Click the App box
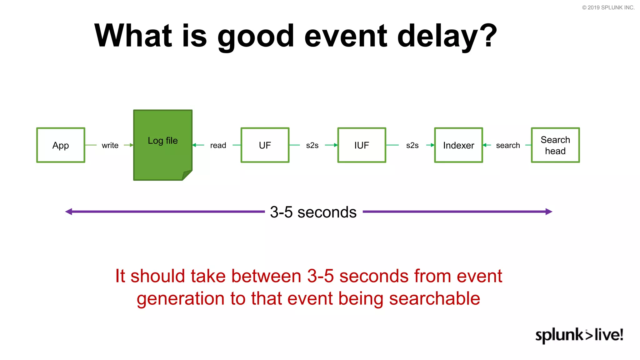click(x=61, y=145)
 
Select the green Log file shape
click(x=162, y=145)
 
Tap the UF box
click(x=265, y=145)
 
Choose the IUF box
click(x=362, y=145)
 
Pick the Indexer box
click(x=458, y=145)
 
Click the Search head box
click(x=555, y=145)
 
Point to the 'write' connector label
click(x=110, y=145)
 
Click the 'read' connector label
click(x=218, y=145)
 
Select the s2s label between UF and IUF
click(x=312, y=145)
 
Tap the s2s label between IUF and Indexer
click(x=412, y=145)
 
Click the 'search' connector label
click(x=508, y=145)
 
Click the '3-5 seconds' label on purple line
click(x=313, y=212)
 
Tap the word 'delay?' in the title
click(x=447, y=36)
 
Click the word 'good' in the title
click(x=256, y=36)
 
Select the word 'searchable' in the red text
click(x=434, y=298)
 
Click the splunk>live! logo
click(x=579, y=335)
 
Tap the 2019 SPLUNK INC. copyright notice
click(x=608, y=7)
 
